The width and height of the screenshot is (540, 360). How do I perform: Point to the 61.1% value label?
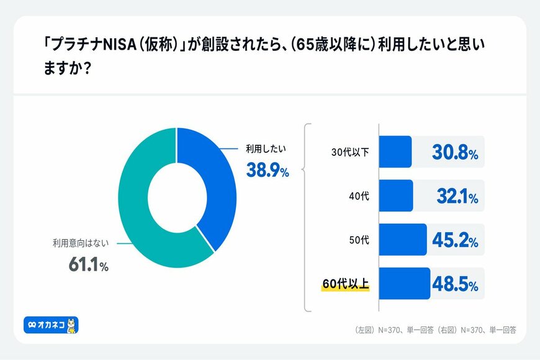coord(88,266)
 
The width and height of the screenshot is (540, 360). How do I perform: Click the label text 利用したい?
coord(261,150)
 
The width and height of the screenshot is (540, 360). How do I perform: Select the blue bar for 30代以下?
coord(395,152)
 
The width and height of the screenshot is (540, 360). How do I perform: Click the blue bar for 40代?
coord(395,196)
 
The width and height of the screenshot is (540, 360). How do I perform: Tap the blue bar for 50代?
coord(402,240)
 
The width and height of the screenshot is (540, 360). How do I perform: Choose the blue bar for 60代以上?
coord(404,284)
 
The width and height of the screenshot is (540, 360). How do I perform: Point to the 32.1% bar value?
coord(455,197)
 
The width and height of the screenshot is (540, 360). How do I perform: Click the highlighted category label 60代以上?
coord(346,284)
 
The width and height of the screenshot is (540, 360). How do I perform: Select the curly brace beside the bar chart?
coord(304,217)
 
